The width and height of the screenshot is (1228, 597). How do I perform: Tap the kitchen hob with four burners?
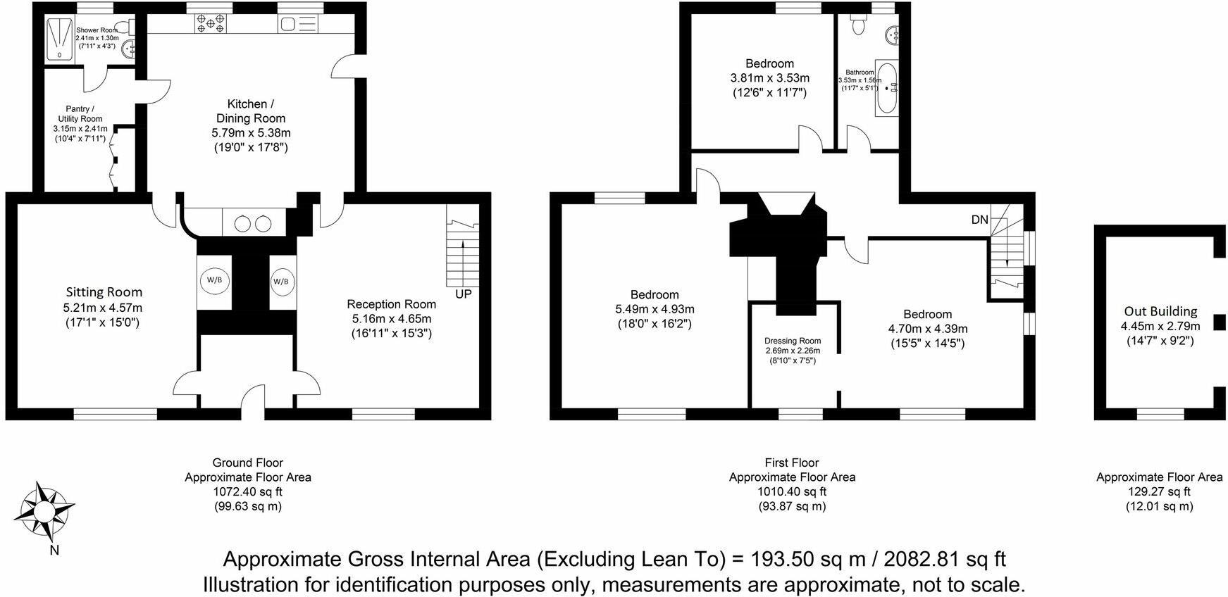[x=211, y=25]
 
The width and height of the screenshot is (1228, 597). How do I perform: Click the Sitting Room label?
[x=104, y=292]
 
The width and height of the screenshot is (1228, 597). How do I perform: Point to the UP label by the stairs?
[x=463, y=294]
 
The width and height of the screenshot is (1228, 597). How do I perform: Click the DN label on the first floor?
[x=979, y=220]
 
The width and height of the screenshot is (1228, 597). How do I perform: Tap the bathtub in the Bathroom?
[x=886, y=90]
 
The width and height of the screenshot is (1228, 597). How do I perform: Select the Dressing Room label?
[x=793, y=341]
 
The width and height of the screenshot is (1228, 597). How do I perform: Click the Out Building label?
[x=1160, y=311]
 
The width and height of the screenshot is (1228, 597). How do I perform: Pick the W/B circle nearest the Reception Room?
[x=280, y=281]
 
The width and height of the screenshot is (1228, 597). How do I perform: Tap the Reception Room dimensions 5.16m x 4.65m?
[x=392, y=319]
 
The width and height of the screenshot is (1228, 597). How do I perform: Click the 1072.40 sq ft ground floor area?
[x=248, y=491]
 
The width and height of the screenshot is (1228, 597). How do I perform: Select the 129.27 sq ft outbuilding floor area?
[x=1160, y=491]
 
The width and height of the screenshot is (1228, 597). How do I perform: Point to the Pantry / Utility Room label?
[x=80, y=114]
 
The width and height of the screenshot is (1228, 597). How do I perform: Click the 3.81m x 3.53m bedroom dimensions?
[x=770, y=78]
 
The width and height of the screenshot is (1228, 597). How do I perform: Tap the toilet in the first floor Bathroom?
[x=857, y=25]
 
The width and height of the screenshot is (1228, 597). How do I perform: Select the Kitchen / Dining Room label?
[x=251, y=111]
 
